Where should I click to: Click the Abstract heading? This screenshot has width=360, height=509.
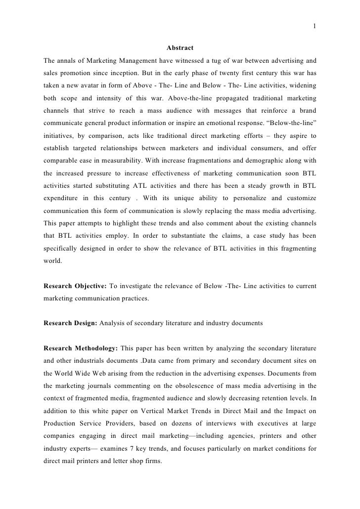[x=180, y=48]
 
